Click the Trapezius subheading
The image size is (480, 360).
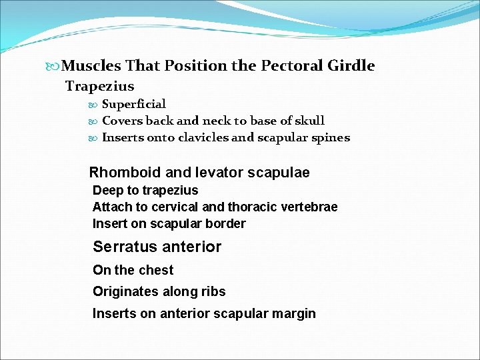coord(99,86)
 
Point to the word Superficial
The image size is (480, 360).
coord(133,104)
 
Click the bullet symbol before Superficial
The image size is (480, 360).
coord(93,105)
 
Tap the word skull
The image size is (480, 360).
coord(309,121)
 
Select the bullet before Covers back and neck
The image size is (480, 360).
coord(93,121)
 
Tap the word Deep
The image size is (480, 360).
coord(107,191)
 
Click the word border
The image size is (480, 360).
coord(227,223)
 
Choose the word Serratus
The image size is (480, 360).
coord(120,247)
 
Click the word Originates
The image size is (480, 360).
coord(123,291)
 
